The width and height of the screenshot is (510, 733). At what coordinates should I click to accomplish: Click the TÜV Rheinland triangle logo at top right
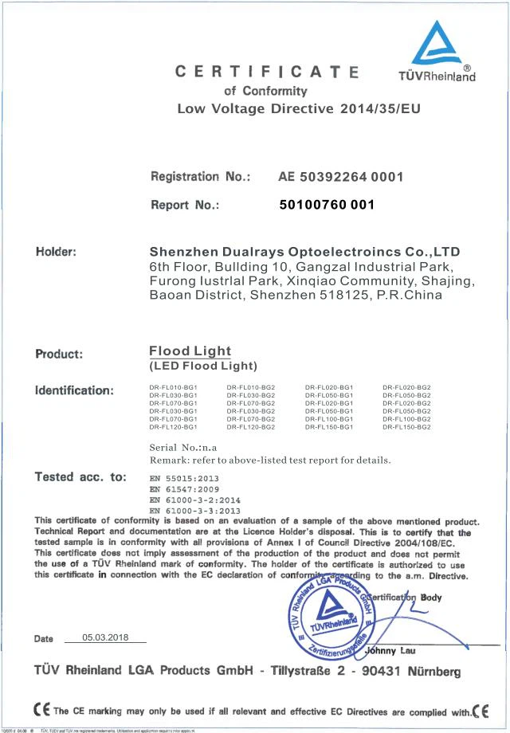[x=436, y=43]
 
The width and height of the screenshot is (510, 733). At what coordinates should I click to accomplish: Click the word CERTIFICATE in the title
[x=266, y=73]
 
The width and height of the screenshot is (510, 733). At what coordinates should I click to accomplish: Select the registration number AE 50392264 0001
[x=340, y=176]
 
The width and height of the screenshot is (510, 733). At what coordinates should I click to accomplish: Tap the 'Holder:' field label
[x=56, y=252]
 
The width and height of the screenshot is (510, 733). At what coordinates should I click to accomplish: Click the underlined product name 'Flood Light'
[x=190, y=351]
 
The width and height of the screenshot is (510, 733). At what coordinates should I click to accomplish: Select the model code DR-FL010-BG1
[x=173, y=387]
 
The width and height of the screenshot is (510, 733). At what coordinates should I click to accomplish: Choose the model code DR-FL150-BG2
[x=406, y=427]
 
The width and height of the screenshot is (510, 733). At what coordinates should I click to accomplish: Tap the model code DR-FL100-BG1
[x=328, y=419]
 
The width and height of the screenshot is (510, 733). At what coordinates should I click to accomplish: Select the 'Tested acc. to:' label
[x=80, y=477]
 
